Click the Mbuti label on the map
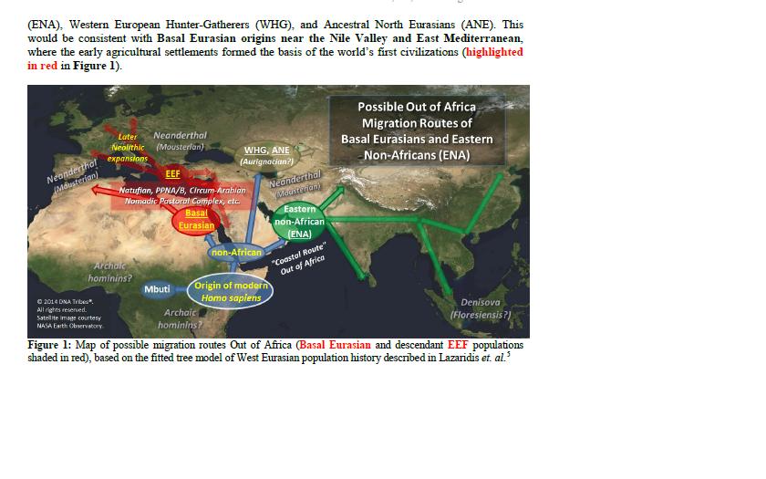click(157, 289)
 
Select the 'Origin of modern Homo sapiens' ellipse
click(231, 291)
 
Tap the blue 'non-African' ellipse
click(236, 252)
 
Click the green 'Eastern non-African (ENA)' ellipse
click(299, 222)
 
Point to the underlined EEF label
click(172, 172)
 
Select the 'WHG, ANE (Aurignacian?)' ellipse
click(266, 155)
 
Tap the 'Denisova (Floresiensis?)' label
click(480, 308)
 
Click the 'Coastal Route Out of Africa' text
click(297, 259)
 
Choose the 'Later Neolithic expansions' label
click(128, 147)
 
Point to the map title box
click(417, 130)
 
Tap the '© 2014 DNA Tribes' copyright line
click(65, 302)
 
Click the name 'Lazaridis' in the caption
click(450, 357)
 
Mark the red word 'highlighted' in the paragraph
click(493, 52)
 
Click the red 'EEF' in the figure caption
click(457, 346)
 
